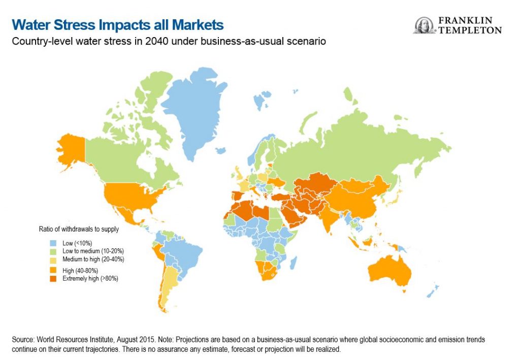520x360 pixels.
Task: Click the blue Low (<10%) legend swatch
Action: pyautogui.click(x=53, y=243)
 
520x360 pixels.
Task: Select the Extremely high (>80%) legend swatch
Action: pyautogui.click(x=53, y=278)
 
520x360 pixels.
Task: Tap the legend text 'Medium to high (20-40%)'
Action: pyautogui.click(x=93, y=259)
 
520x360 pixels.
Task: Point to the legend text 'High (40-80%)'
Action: pyautogui.click(x=80, y=271)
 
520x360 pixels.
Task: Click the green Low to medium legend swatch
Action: pyautogui.click(x=53, y=251)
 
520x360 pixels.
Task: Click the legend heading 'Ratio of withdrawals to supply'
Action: pyautogui.click(x=79, y=229)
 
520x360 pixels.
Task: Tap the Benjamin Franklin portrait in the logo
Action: pyautogui.click(x=424, y=25)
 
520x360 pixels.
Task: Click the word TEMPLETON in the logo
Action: pyautogui.click(x=470, y=30)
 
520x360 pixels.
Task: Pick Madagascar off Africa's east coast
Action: pyautogui.click(x=293, y=262)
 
